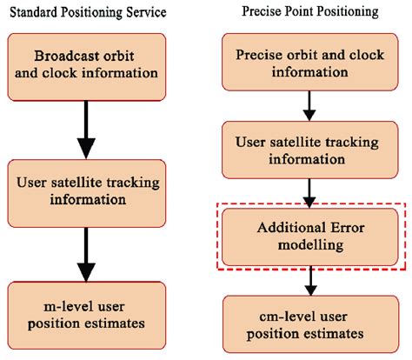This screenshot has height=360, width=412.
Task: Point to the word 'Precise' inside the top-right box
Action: [x=261, y=55]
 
